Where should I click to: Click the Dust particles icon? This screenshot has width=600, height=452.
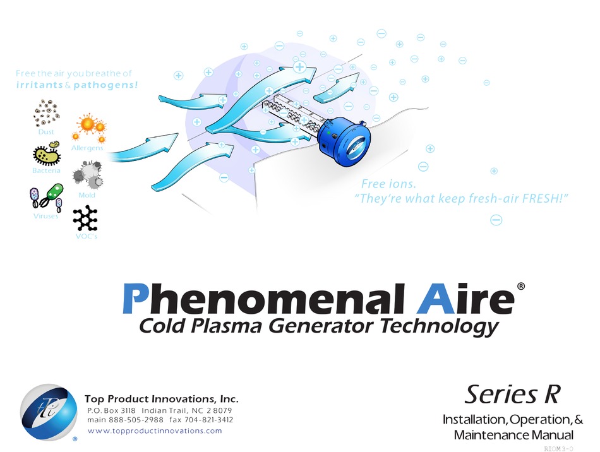point(46,113)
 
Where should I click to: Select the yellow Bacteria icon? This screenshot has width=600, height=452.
point(47,153)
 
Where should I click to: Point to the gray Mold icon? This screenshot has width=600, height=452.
point(87,175)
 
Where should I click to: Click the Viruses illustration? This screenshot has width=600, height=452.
point(46,198)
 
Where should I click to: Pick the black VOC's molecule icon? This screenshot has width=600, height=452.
point(85,218)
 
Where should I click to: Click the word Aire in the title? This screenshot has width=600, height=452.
point(465,299)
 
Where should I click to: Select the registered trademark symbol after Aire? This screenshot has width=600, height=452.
point(521,287)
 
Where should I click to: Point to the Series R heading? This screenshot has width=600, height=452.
point(513,395)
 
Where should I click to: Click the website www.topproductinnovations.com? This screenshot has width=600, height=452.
point(155,431)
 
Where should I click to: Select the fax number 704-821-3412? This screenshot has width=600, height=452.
point(208,420)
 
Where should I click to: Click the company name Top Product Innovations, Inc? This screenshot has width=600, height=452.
point(162,399)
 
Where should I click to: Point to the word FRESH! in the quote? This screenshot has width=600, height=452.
point(545,198)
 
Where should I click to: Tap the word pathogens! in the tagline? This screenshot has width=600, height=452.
point(105,85)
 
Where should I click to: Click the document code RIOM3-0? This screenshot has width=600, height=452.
point(559,449)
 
